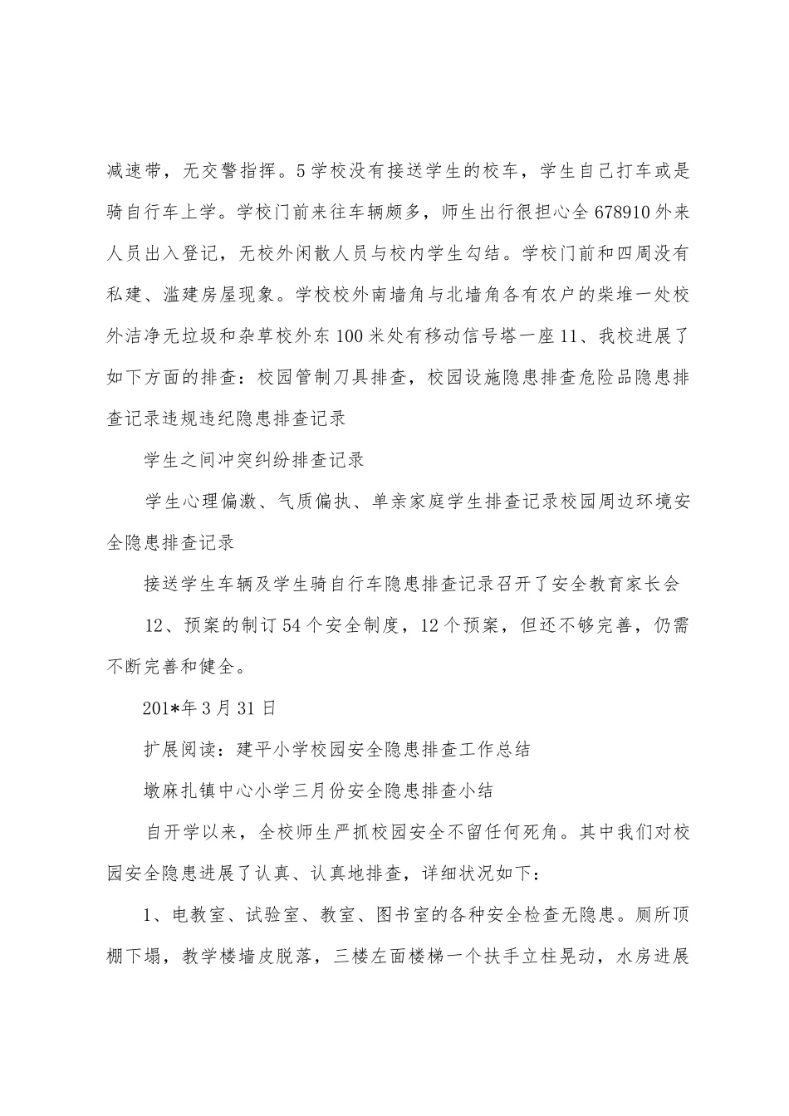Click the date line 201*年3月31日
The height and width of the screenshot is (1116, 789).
point(208,708)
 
